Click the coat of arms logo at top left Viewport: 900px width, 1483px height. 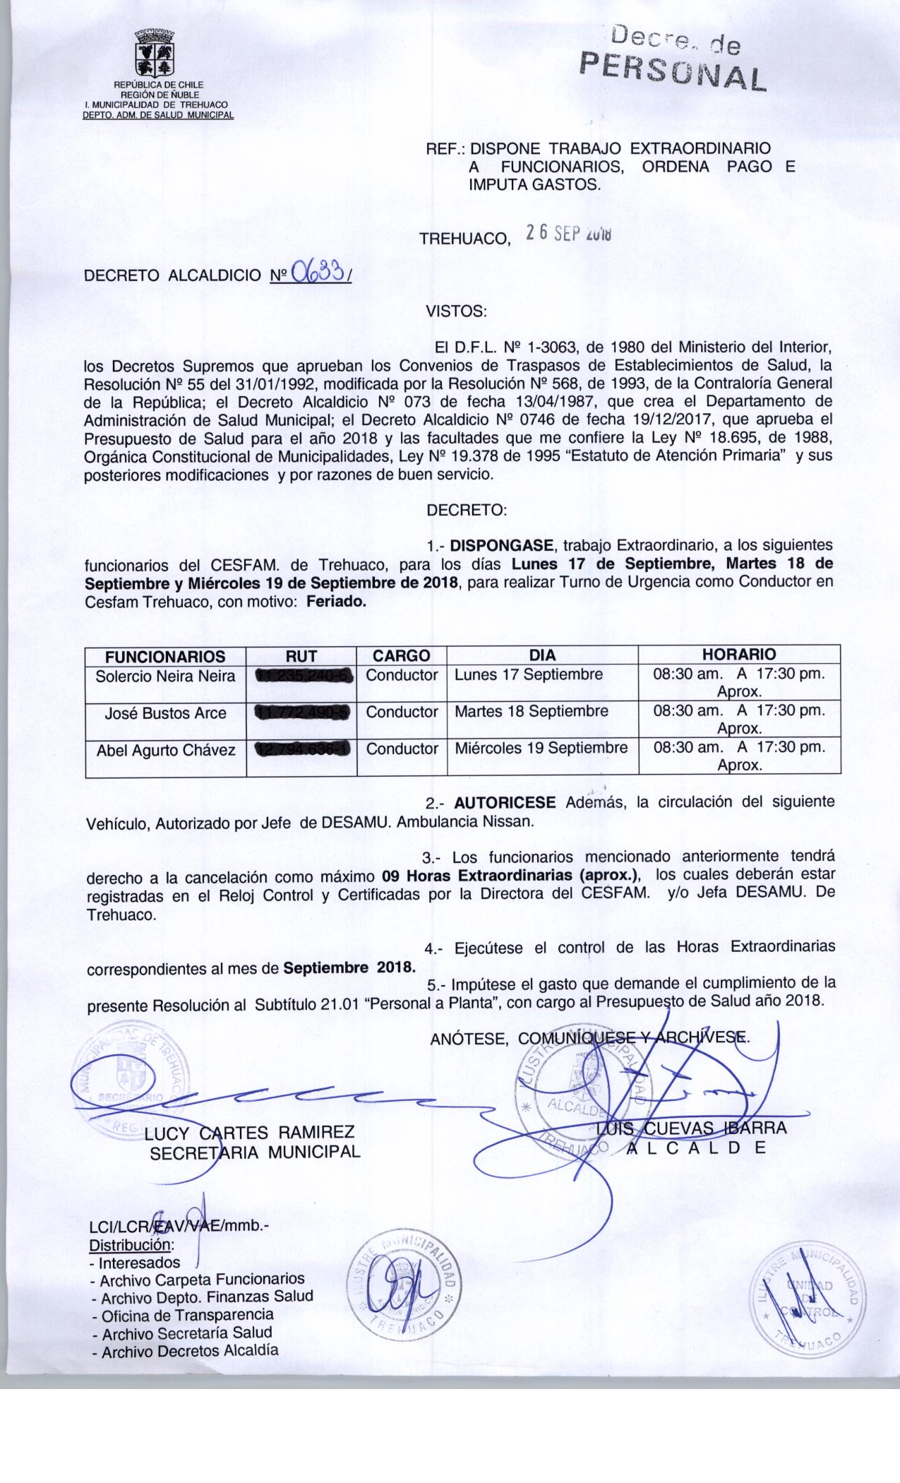point(155,52)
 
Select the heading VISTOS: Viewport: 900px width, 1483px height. point(455,311)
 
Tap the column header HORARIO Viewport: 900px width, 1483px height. point(738,654)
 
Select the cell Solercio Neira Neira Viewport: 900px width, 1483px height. point(165,677)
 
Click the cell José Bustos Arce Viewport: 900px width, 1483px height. point(165,713)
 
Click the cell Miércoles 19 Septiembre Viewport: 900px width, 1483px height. point(541,748)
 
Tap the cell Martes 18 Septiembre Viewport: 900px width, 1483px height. point(531,711)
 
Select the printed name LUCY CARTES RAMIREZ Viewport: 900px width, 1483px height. point(248,1133)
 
